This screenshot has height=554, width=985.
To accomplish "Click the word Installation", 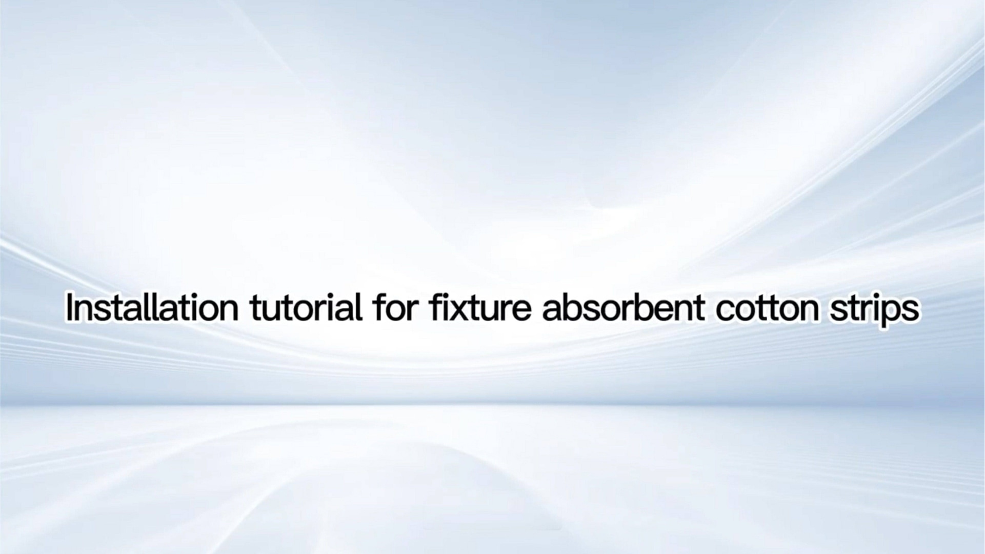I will click(152, 308).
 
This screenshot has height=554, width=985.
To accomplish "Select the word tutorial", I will click(306, 308).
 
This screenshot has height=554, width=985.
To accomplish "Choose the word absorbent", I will click(623, 308).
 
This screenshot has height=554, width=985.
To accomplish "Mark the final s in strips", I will click(911, 311).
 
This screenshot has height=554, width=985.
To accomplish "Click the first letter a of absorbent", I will click(552, 311).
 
